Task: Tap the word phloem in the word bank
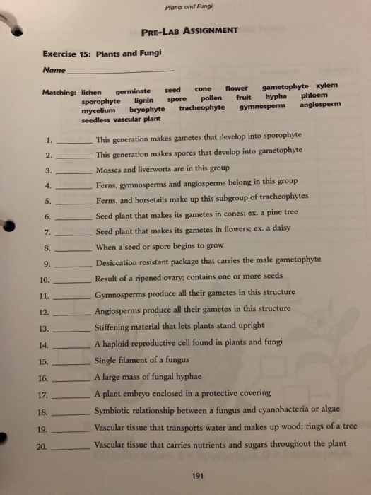[314, 94]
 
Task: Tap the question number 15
[42, 363]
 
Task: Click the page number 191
[197, 476]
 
